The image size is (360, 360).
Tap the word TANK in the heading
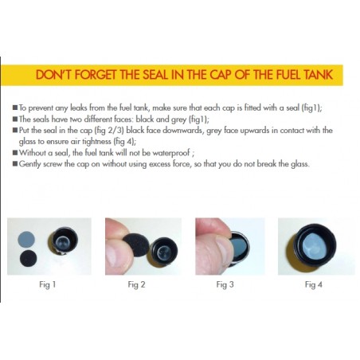click(x=318, y=75)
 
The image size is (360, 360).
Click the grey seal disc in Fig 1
click(x=26, y=239)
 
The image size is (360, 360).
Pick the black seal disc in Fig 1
click(x=29, y=258)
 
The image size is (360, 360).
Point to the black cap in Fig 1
click(x=63, y=241)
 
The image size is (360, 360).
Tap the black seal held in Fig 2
click(x=138, y=245)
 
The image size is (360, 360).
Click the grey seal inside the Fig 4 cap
click(x=315, y=246)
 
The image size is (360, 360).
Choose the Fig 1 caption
click(x=48, y=285)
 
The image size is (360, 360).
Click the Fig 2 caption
click(x=136, y=285)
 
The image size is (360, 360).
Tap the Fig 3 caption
click(x=225, y=285)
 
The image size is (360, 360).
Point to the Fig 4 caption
click(x=314, y=285)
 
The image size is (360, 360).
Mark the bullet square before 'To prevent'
click(x=15, y=108)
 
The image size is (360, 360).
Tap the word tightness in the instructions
click(x=96, y=142)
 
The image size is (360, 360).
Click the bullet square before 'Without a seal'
click(x=15, y=153)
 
